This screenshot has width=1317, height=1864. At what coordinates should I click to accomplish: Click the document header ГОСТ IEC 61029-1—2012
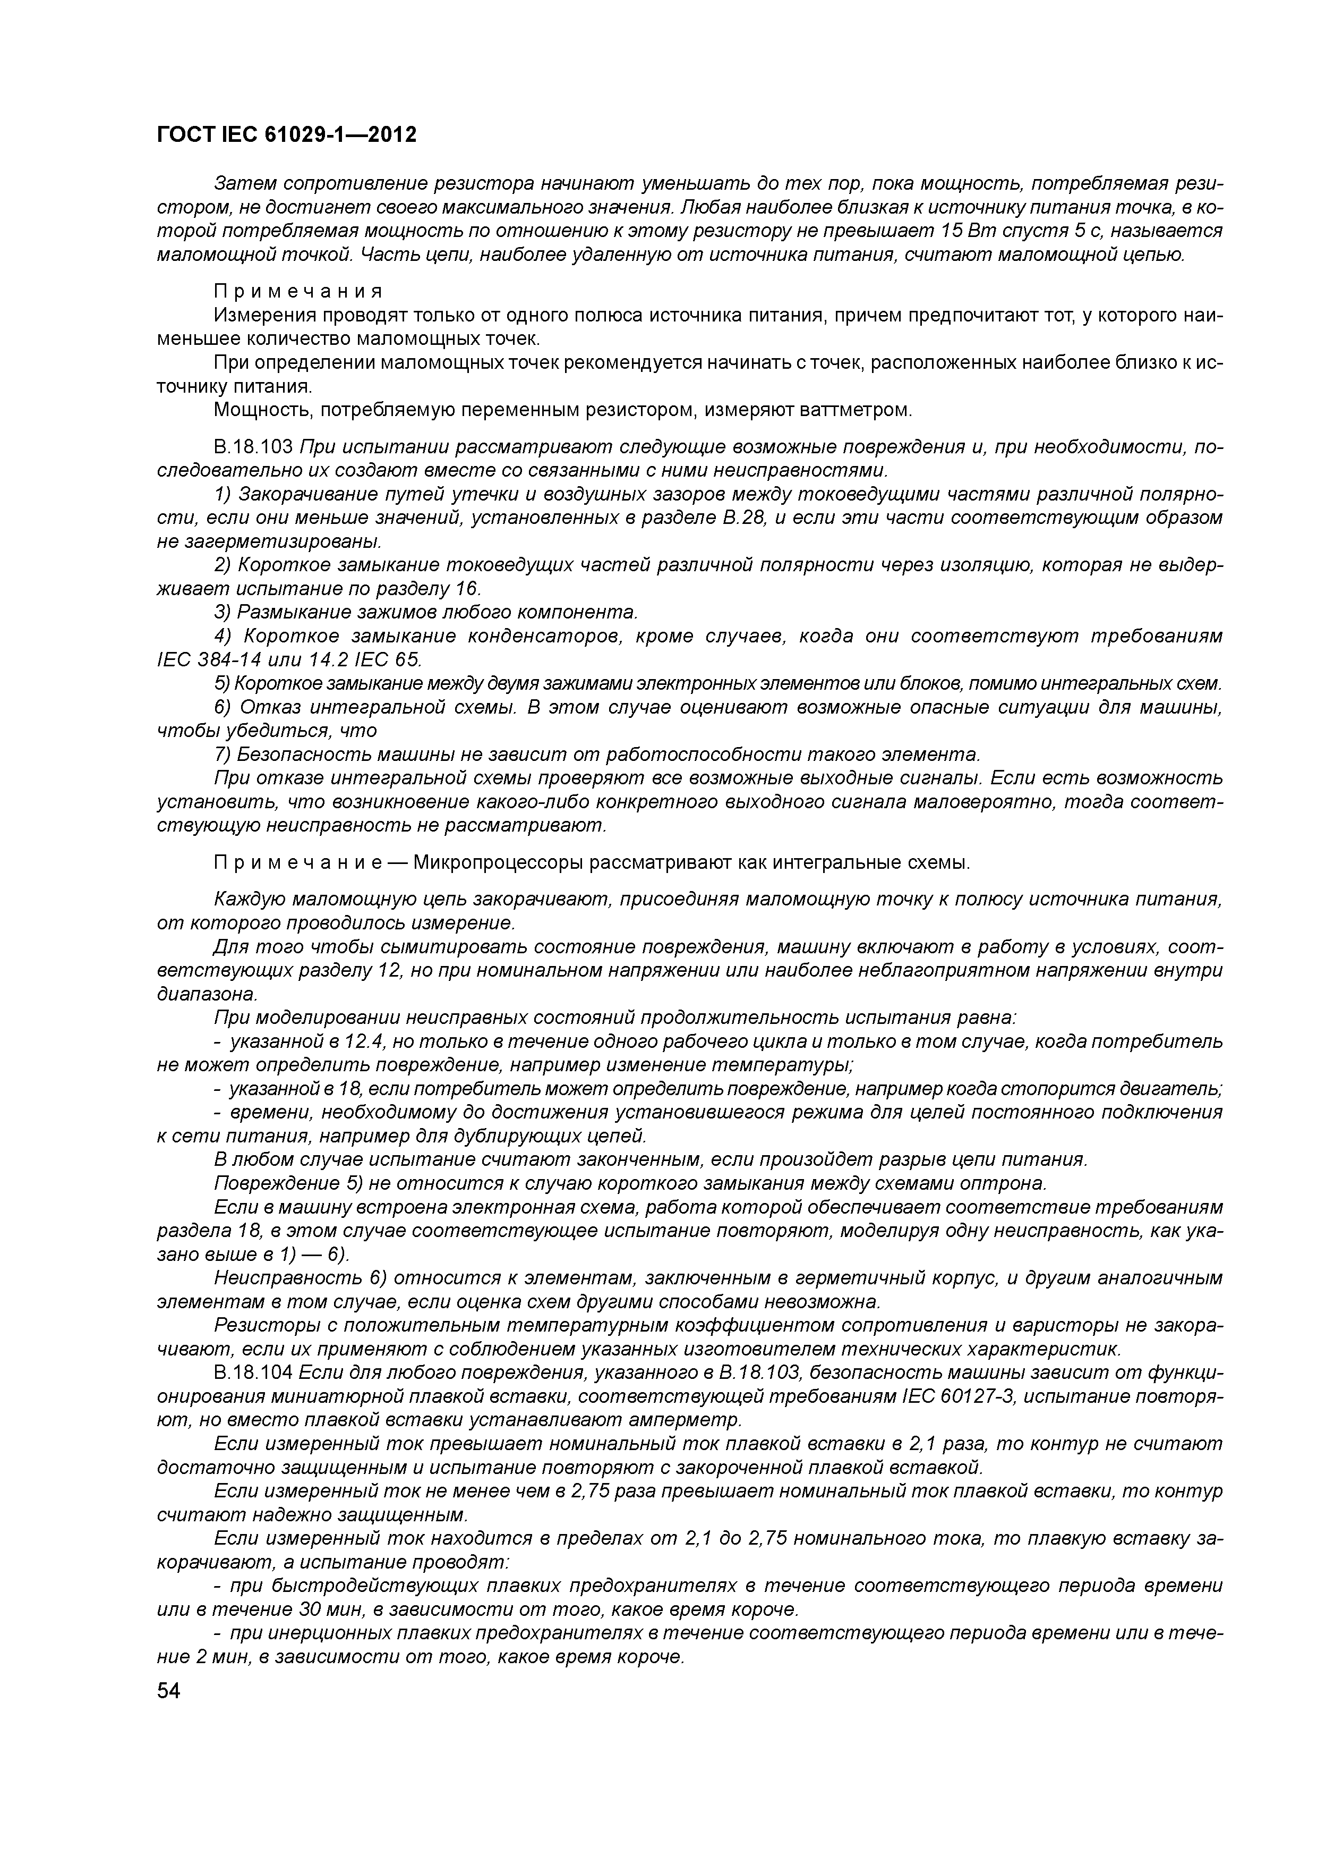pyautogui.click(x=286, y=135)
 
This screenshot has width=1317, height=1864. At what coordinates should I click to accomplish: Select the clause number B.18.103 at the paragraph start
pyautogui.click(x=253, y=446)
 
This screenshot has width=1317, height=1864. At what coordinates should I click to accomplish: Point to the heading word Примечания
pyautogui.click(x=298, y=292)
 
